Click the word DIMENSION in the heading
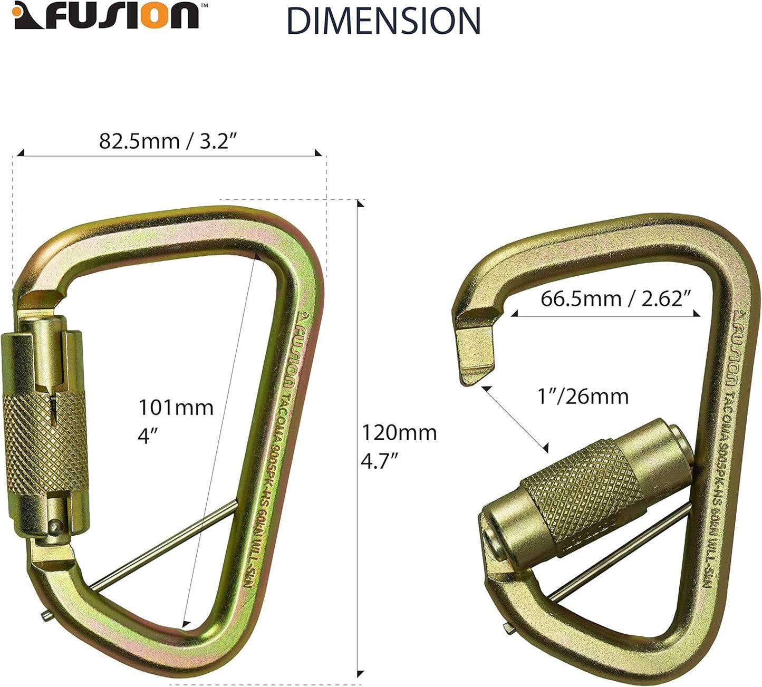click(x=383, y=21)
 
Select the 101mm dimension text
click(x=176, y=408)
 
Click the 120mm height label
click(x=399, y=433)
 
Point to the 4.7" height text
click(x=379, y=461)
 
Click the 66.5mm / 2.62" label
click(x=615, y=299)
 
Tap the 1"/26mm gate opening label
click(x=583, y=396)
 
